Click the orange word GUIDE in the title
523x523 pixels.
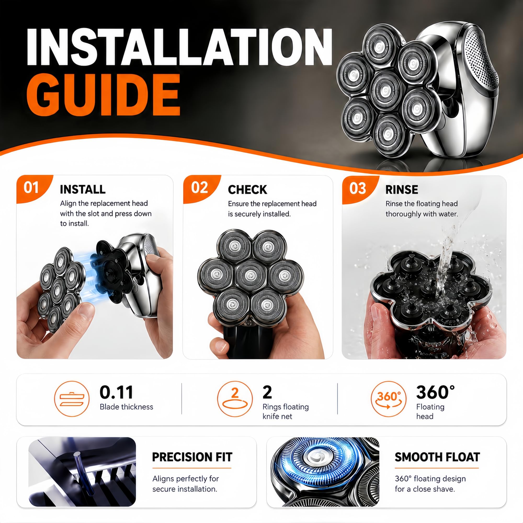pos(103,95)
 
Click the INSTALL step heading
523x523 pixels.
pos(83,190)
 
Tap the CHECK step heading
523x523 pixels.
pos(247,190)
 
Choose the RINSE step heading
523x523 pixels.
pos(402,190)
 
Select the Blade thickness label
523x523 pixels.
pos(126,407)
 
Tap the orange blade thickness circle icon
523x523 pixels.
pos(72,399)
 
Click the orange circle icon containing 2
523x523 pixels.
pos(235,399)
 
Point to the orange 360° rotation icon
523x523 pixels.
pos(389,399)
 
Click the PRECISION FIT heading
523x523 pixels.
pos(192,457)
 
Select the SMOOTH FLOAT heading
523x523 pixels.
pos(437,457)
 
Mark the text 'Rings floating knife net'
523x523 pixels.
pos(286,411)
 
